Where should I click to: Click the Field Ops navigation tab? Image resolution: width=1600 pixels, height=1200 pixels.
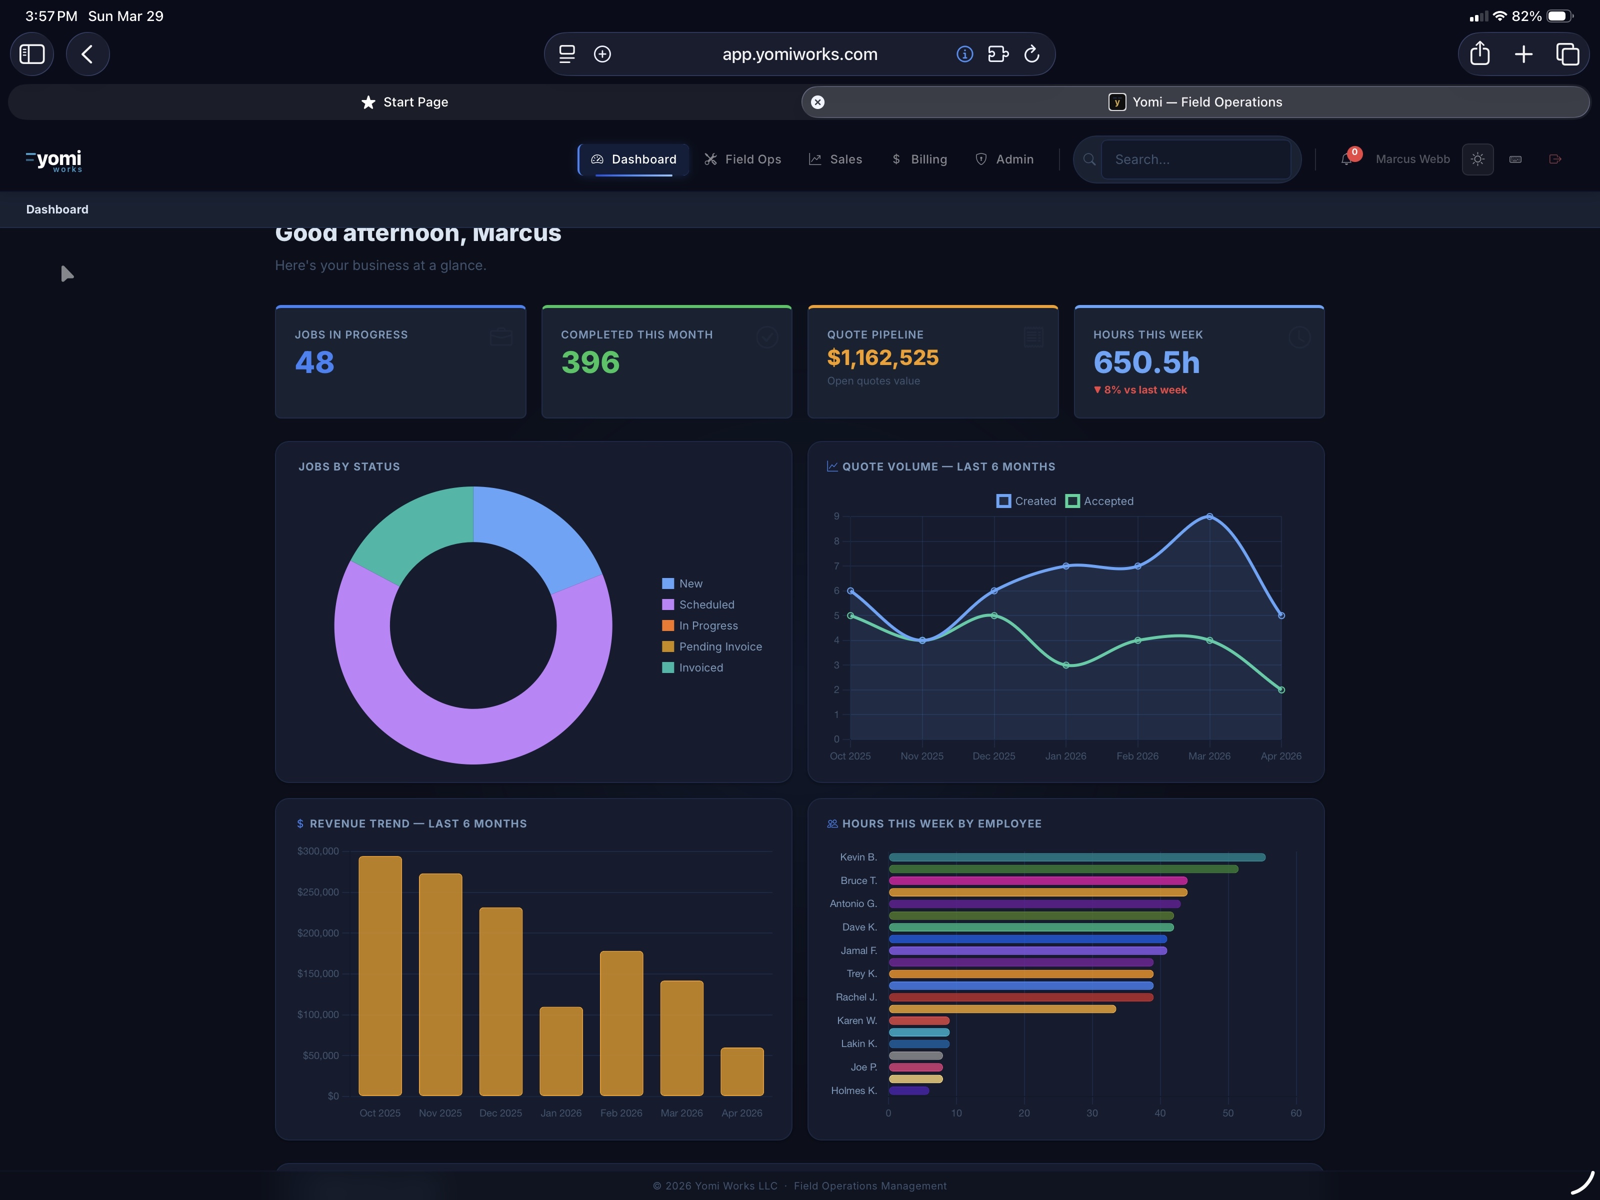[x=743, y=159]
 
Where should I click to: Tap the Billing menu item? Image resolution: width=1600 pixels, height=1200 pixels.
[x=919, y=159]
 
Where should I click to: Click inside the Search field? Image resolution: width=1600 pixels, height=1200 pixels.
[x=1195, y=159]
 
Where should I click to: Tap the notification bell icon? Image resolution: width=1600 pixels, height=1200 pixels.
[x=1346, y=159]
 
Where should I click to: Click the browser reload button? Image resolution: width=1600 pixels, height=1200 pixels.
[x=1032, y=54]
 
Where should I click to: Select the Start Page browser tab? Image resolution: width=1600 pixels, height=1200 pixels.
[x=405, y=102]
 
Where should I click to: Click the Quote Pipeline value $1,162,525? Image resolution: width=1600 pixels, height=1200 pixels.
[x=882, y=357]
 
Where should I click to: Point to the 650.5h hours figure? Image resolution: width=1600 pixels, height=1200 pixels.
[x=1146, y=362]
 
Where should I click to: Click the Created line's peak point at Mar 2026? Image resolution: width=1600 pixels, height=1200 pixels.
[x=1209, y=516]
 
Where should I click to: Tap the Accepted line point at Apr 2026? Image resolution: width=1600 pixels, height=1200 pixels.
[x=1281, y=690]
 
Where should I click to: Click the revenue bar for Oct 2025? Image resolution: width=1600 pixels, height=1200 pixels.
[x=379, y=976]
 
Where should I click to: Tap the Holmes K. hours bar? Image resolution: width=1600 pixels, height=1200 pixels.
[x=908, y=1091]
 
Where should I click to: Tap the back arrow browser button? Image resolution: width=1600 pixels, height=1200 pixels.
[x=87, y=54]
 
